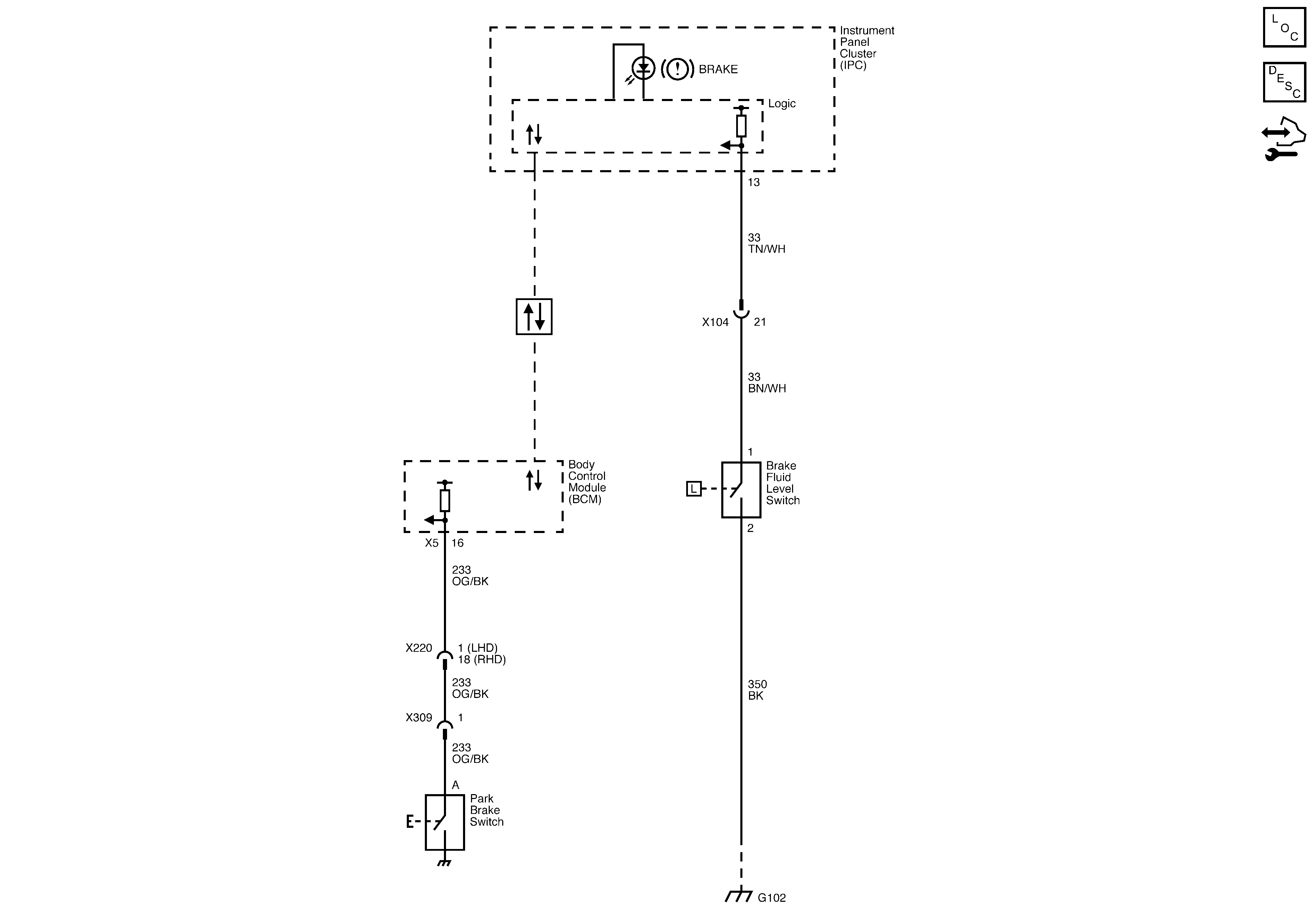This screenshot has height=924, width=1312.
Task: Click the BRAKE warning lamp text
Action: [718, 69]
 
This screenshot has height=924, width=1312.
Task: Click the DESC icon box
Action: [1284, 82]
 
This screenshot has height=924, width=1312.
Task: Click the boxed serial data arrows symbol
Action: [534, 316]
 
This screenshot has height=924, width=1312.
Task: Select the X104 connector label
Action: [715, 323]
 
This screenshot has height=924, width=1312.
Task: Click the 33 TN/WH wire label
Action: [766, 243]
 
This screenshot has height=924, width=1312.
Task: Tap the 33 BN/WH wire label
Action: [766, 383]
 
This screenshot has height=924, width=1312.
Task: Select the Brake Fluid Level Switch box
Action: [741, 490]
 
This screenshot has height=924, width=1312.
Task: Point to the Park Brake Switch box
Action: [445, 822]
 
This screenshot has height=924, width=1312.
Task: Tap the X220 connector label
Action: [419, 648]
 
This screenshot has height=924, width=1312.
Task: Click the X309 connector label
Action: [419, 718]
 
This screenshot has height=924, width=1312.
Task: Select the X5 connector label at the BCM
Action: [431, 543]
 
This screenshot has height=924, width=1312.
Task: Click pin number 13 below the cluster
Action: [754, 182]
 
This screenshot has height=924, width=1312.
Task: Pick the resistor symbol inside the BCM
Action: [445, 500]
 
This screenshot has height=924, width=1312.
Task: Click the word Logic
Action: [781, 103]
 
